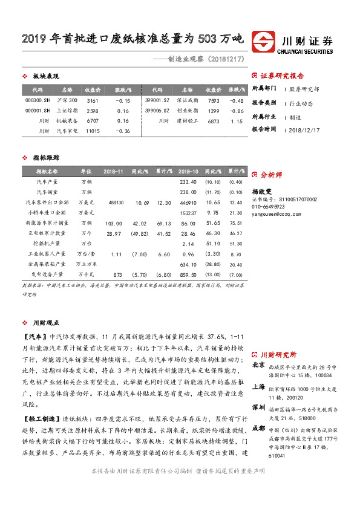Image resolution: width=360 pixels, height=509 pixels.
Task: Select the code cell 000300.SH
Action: point(37,100)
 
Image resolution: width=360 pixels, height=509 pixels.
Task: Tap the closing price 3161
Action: point(93,100)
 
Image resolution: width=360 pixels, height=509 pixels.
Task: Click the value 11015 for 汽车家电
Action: point(93,131)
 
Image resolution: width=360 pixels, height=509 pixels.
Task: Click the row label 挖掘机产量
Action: point(47,243)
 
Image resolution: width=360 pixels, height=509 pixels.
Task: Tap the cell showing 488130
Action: point(115,202)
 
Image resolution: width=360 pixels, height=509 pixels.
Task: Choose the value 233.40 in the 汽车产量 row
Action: point(189,181)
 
